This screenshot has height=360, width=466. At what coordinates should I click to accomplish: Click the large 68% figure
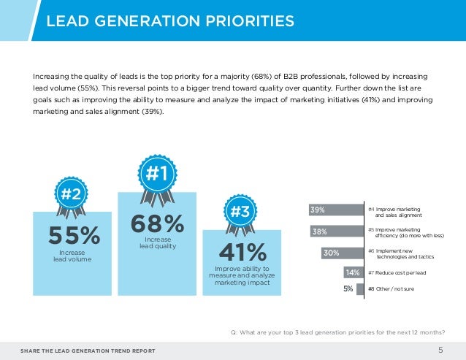158,223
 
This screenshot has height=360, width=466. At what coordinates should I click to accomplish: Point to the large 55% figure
73,237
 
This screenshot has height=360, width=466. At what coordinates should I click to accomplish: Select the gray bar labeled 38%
337,231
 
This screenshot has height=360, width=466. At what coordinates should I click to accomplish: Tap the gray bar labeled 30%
342,253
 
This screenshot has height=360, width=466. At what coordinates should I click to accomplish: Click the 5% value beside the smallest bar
348,288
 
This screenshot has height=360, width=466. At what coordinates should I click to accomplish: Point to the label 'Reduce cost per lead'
399,273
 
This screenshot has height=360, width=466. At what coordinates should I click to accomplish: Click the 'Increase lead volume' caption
72,256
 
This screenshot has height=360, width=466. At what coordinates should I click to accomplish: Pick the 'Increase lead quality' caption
158,242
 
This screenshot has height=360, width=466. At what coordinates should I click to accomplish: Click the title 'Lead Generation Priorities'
170,20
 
